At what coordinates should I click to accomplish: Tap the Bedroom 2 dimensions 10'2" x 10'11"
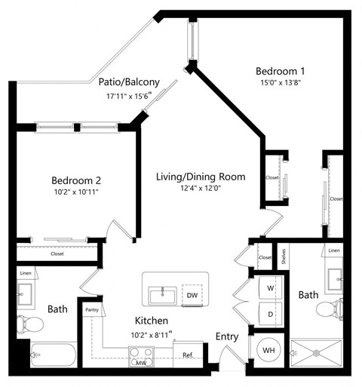[x=76, y=192]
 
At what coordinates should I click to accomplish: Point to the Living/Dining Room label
[x=201, y=177]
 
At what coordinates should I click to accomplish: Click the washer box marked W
[x=269, y=288]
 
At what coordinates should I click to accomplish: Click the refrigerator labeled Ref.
[x=188, y=355]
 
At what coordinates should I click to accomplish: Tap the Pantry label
[x=92, y=309]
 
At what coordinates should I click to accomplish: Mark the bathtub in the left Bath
[x=53, y=355]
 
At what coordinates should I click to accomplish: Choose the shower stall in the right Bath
[x=317, y=352]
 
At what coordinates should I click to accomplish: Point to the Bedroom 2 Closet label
[x=57, y=254]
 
